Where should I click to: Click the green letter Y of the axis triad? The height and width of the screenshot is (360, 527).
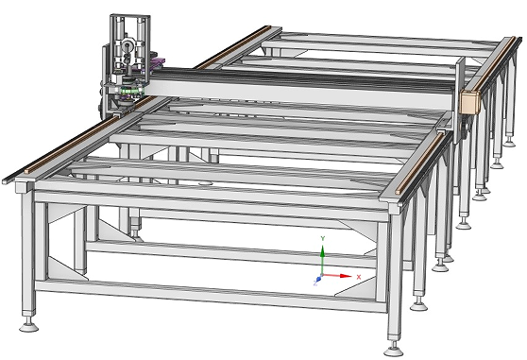pyautogui.click(x=323, y=239)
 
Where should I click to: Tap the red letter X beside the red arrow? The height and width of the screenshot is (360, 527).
pyautogui.click(x=359, y=275)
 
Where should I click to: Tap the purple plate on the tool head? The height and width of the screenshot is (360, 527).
pyautogui.click(x=156, y=63)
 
